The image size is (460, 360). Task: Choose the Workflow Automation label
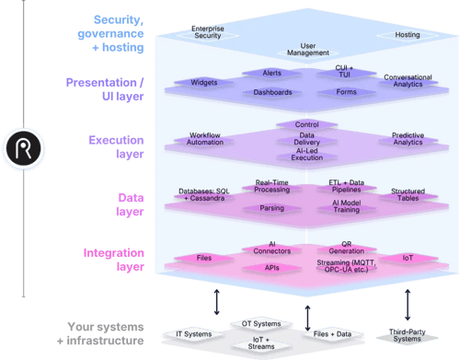205,140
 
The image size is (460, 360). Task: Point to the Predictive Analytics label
407,140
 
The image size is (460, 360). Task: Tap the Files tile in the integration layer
205,258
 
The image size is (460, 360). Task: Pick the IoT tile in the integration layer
408,259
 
